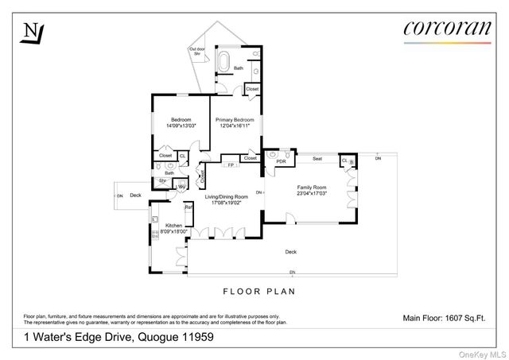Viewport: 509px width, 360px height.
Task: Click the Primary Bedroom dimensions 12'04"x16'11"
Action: pos(233,126)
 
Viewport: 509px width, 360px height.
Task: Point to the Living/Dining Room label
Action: pos(227,196)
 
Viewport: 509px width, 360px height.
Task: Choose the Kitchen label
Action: pos(173,226)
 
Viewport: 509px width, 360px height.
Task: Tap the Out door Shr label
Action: pos(198,52)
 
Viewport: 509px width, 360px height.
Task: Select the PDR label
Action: pos(281,161)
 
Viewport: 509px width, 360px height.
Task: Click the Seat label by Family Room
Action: pos(317,159)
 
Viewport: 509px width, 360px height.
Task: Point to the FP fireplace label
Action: pos(231,165)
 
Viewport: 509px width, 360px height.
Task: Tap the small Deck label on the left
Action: pos(135,195)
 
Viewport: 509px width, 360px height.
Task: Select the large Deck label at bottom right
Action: pos(291,252)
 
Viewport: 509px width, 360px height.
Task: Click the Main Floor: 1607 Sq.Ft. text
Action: pos(444,318)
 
